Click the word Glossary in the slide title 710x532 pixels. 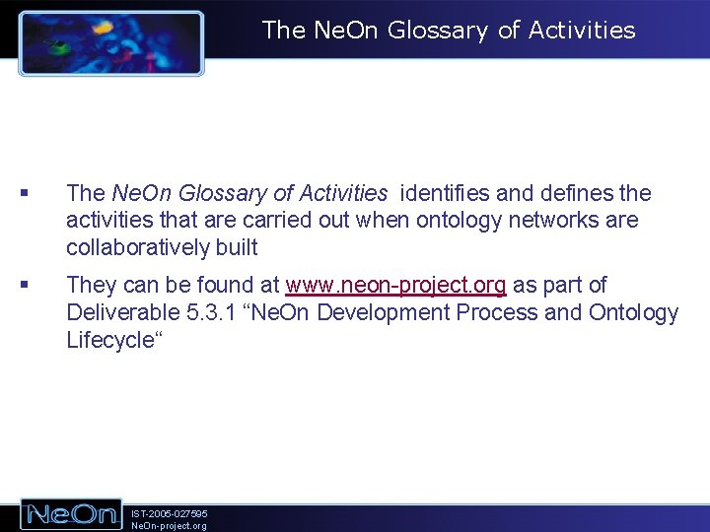tap(439, 31)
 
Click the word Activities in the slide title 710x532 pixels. tap(582, 31)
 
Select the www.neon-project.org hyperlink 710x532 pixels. tap(395, 286)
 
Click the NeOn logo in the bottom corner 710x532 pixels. tap(72, 514)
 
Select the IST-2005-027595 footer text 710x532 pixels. tap(169, 513)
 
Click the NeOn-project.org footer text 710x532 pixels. tap(169, 526)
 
